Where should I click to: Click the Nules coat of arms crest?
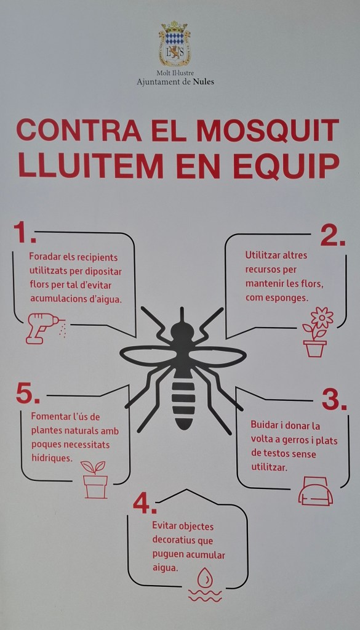point(174,44)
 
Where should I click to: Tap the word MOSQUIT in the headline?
point(268,130)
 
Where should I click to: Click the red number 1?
point(25,233)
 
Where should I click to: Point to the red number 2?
point(333,236)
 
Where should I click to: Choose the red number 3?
point(334,400)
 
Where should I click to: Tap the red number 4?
point(145,503)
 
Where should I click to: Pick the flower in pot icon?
point(318,332)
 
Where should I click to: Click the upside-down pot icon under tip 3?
point(316,491)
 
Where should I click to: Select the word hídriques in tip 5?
point(52,458)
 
